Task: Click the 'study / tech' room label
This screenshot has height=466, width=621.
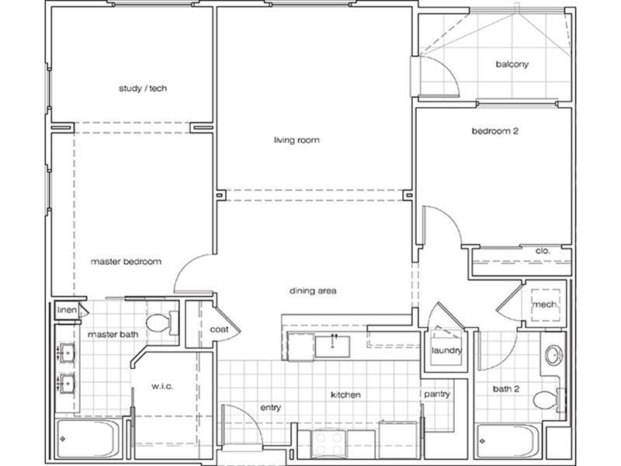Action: (x=143, y=89)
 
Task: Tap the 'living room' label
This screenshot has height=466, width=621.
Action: (x=297, y=141)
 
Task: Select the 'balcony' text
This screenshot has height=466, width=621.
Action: (x=512, y=64)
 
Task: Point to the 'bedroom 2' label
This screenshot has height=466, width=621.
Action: (x=494, y=131)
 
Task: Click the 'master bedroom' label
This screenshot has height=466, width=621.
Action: (x=126, y=262)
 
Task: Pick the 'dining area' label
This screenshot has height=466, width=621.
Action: (x=312, y=291)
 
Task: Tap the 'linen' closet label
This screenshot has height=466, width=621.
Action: (x=67, y=311)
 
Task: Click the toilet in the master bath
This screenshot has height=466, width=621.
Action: (x=161, y=323)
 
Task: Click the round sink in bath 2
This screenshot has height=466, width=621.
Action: (x=554, y=356)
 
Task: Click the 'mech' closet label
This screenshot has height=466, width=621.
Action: (x=543, y=304)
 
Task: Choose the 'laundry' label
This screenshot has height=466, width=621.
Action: (x=447, y=351)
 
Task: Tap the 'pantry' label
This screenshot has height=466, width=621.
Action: (x=436, y=395)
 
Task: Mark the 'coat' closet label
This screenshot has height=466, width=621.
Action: (x=218, y=329)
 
